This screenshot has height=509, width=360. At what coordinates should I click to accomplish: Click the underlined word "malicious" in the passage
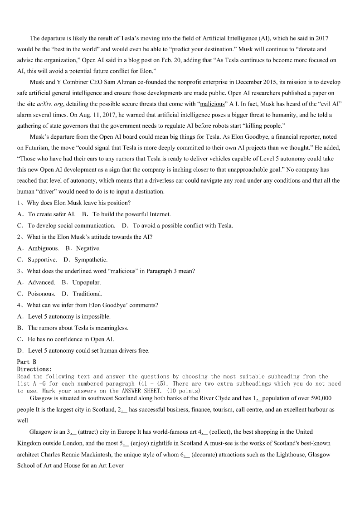[x=213, y=104]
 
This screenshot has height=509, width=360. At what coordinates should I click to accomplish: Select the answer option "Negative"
[x=88, y=248]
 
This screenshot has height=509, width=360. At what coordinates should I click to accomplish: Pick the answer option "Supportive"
[x=42, y=260]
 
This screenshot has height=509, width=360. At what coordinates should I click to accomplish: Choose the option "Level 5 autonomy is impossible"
[x=69, y=316]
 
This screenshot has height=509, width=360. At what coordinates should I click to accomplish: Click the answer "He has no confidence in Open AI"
[x=71, y=339]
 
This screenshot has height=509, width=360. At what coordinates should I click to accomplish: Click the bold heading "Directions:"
[x=34, y=369]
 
